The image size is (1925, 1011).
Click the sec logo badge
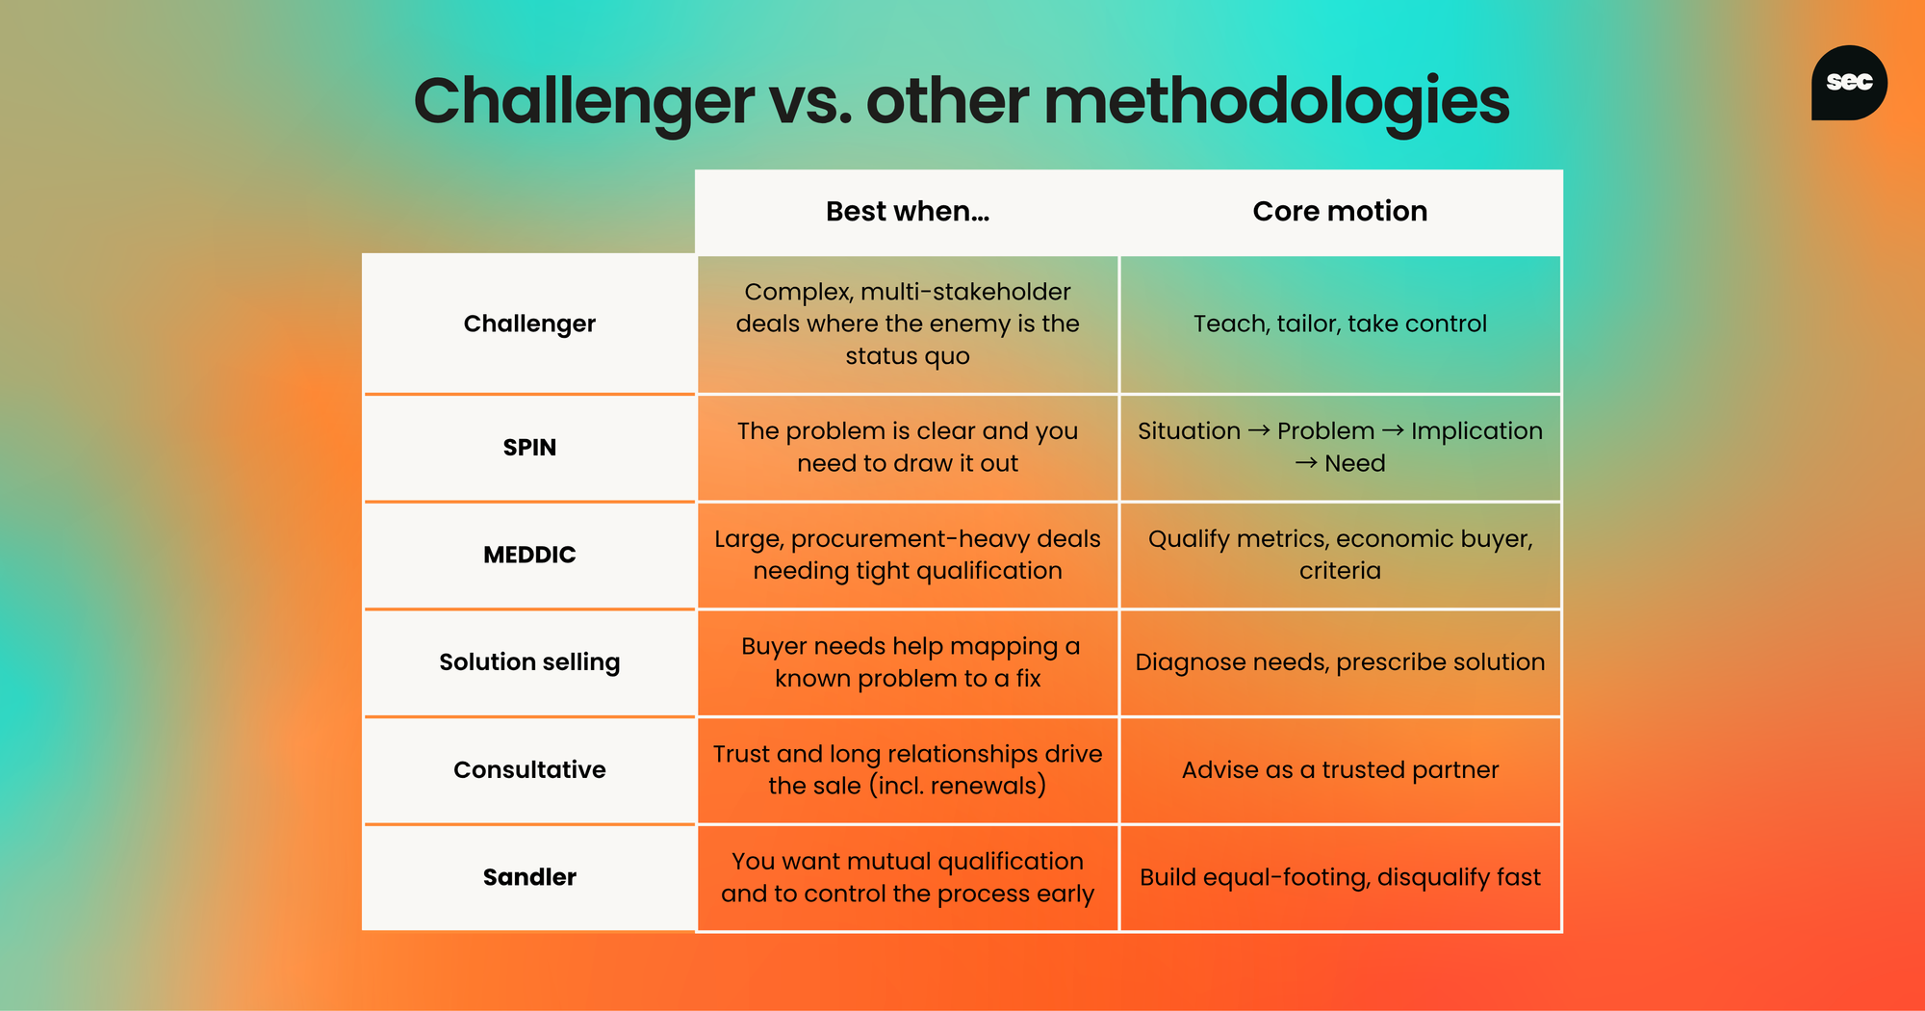1849,83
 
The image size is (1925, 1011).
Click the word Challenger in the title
584,101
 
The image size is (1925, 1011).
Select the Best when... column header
908,211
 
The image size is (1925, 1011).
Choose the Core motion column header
1340,211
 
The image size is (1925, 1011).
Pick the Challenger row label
529,324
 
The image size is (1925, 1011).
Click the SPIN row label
529,448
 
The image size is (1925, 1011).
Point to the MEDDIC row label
529,555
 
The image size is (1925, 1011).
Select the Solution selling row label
529,662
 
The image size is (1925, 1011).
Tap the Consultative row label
529,769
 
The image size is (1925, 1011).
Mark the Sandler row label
529,877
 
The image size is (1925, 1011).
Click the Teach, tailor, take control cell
1340,324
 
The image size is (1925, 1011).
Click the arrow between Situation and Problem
1259,431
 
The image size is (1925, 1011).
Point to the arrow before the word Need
1306,463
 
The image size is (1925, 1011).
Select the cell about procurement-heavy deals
908,555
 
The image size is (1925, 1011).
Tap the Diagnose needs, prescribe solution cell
1340,662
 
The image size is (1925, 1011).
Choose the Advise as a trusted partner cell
1340,769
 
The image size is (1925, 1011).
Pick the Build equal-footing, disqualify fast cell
1340,877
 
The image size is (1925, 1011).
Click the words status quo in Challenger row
908,356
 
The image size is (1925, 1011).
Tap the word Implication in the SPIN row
1476,431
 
